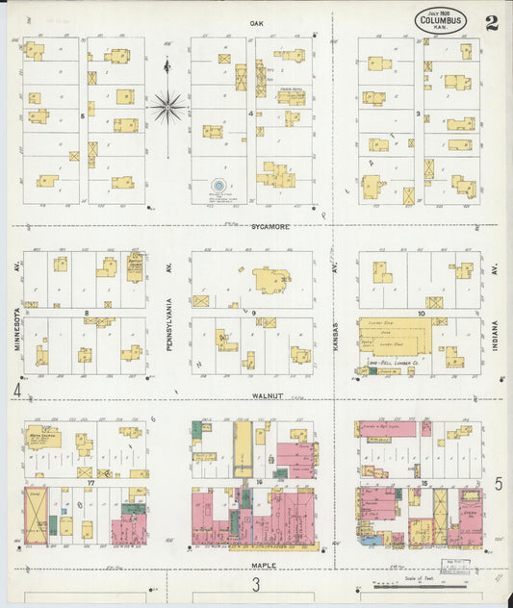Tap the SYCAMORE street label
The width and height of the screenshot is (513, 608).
point(270,226)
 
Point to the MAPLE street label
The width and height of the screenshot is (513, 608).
point(264,565)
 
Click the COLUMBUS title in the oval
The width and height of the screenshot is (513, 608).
point(443,19)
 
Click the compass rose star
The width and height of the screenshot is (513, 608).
point(168,106)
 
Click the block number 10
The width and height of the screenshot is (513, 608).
point(422,314)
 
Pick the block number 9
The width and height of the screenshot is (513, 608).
point(254,314)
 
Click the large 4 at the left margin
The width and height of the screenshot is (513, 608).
point(16,391)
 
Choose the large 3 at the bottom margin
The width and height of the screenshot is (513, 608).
point(256,585)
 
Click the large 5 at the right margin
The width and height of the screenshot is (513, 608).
point(499,484)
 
